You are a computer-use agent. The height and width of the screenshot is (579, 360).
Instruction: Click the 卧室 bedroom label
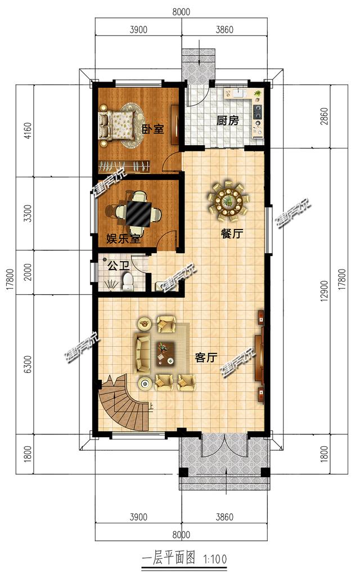pyautogui.click(x=153, y=129)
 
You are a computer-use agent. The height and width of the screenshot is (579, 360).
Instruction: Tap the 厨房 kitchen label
pyautogui.click(x=227, y=121)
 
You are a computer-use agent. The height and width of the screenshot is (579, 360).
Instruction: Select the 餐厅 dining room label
pyautogui.click(x=232, y=234)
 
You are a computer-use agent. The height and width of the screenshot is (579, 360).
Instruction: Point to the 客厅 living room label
pyautogui.click(x=206, y=357)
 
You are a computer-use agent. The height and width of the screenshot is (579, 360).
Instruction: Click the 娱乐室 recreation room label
pyautogui.click(x=123, y=239)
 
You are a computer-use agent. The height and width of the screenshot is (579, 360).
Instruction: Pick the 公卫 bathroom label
pyautogui.click(x=118, y=266)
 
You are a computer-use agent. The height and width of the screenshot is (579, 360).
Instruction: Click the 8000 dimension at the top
pyautogui.click(x=181, y=12)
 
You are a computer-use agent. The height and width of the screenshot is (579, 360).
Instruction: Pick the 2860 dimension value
pyautogui.click(x=324, y=116)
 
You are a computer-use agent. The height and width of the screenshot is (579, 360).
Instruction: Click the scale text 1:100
pyautogui.click(x=214, y=559)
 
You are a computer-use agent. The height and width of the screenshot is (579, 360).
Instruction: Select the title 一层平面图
pyautogui.click(x=168, y=558)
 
